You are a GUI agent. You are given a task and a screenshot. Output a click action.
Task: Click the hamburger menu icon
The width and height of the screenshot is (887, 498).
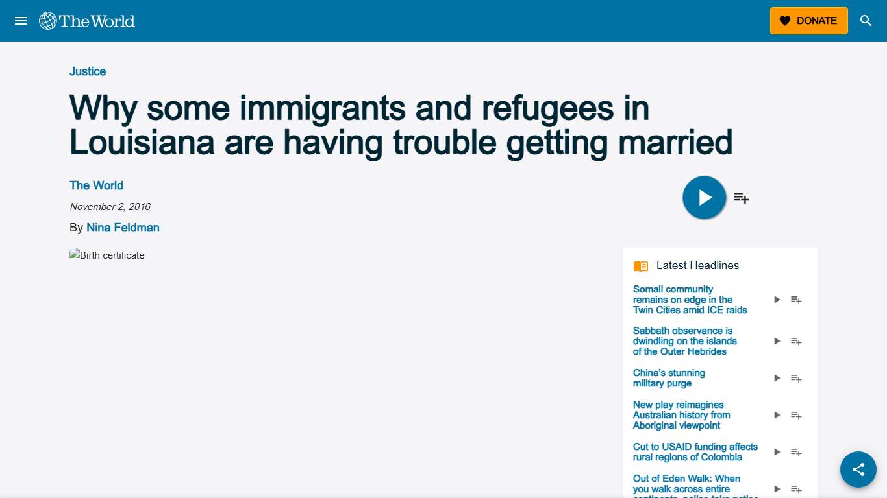pos(21,21)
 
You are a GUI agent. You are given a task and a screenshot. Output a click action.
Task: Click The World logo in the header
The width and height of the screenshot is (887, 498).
pos(87,21)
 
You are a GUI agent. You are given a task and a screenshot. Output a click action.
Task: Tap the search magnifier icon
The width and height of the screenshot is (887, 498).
pos(866,21)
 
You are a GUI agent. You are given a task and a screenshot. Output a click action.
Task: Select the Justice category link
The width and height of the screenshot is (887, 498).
pos(88,71)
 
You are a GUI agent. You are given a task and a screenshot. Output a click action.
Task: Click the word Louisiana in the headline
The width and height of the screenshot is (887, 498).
pos(142,142)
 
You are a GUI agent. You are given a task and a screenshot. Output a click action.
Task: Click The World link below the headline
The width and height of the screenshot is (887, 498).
pos(96,185)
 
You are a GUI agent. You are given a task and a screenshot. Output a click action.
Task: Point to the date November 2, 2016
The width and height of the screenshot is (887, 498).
pos(110,207)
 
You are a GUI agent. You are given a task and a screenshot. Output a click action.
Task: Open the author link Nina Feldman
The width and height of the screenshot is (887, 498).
pos(123,228)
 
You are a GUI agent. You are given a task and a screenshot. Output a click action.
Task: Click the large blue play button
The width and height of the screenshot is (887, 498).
pos(704,197)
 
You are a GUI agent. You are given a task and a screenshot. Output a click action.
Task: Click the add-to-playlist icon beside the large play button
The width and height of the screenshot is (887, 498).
pos(742,198)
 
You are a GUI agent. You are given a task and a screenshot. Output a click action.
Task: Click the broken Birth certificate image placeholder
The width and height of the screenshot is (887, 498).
pos(107,255)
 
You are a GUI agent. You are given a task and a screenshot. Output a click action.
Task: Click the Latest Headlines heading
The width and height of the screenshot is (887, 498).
pos(697,265)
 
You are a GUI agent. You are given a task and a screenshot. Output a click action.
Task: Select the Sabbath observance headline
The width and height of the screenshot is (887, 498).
pos(684,341)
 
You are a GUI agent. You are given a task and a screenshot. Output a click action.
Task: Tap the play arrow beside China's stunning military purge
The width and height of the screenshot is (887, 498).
pos(777,378)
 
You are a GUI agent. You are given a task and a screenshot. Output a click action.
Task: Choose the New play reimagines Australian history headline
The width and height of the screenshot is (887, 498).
pos(681,415)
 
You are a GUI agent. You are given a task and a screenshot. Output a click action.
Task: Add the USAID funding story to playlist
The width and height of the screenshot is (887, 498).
pos(796,452)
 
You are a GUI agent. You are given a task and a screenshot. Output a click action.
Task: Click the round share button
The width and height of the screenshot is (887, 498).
pos(858,469)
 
